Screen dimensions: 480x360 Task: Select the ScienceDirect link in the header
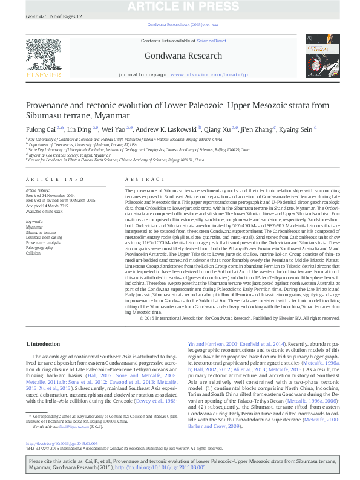click(212, 41)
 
